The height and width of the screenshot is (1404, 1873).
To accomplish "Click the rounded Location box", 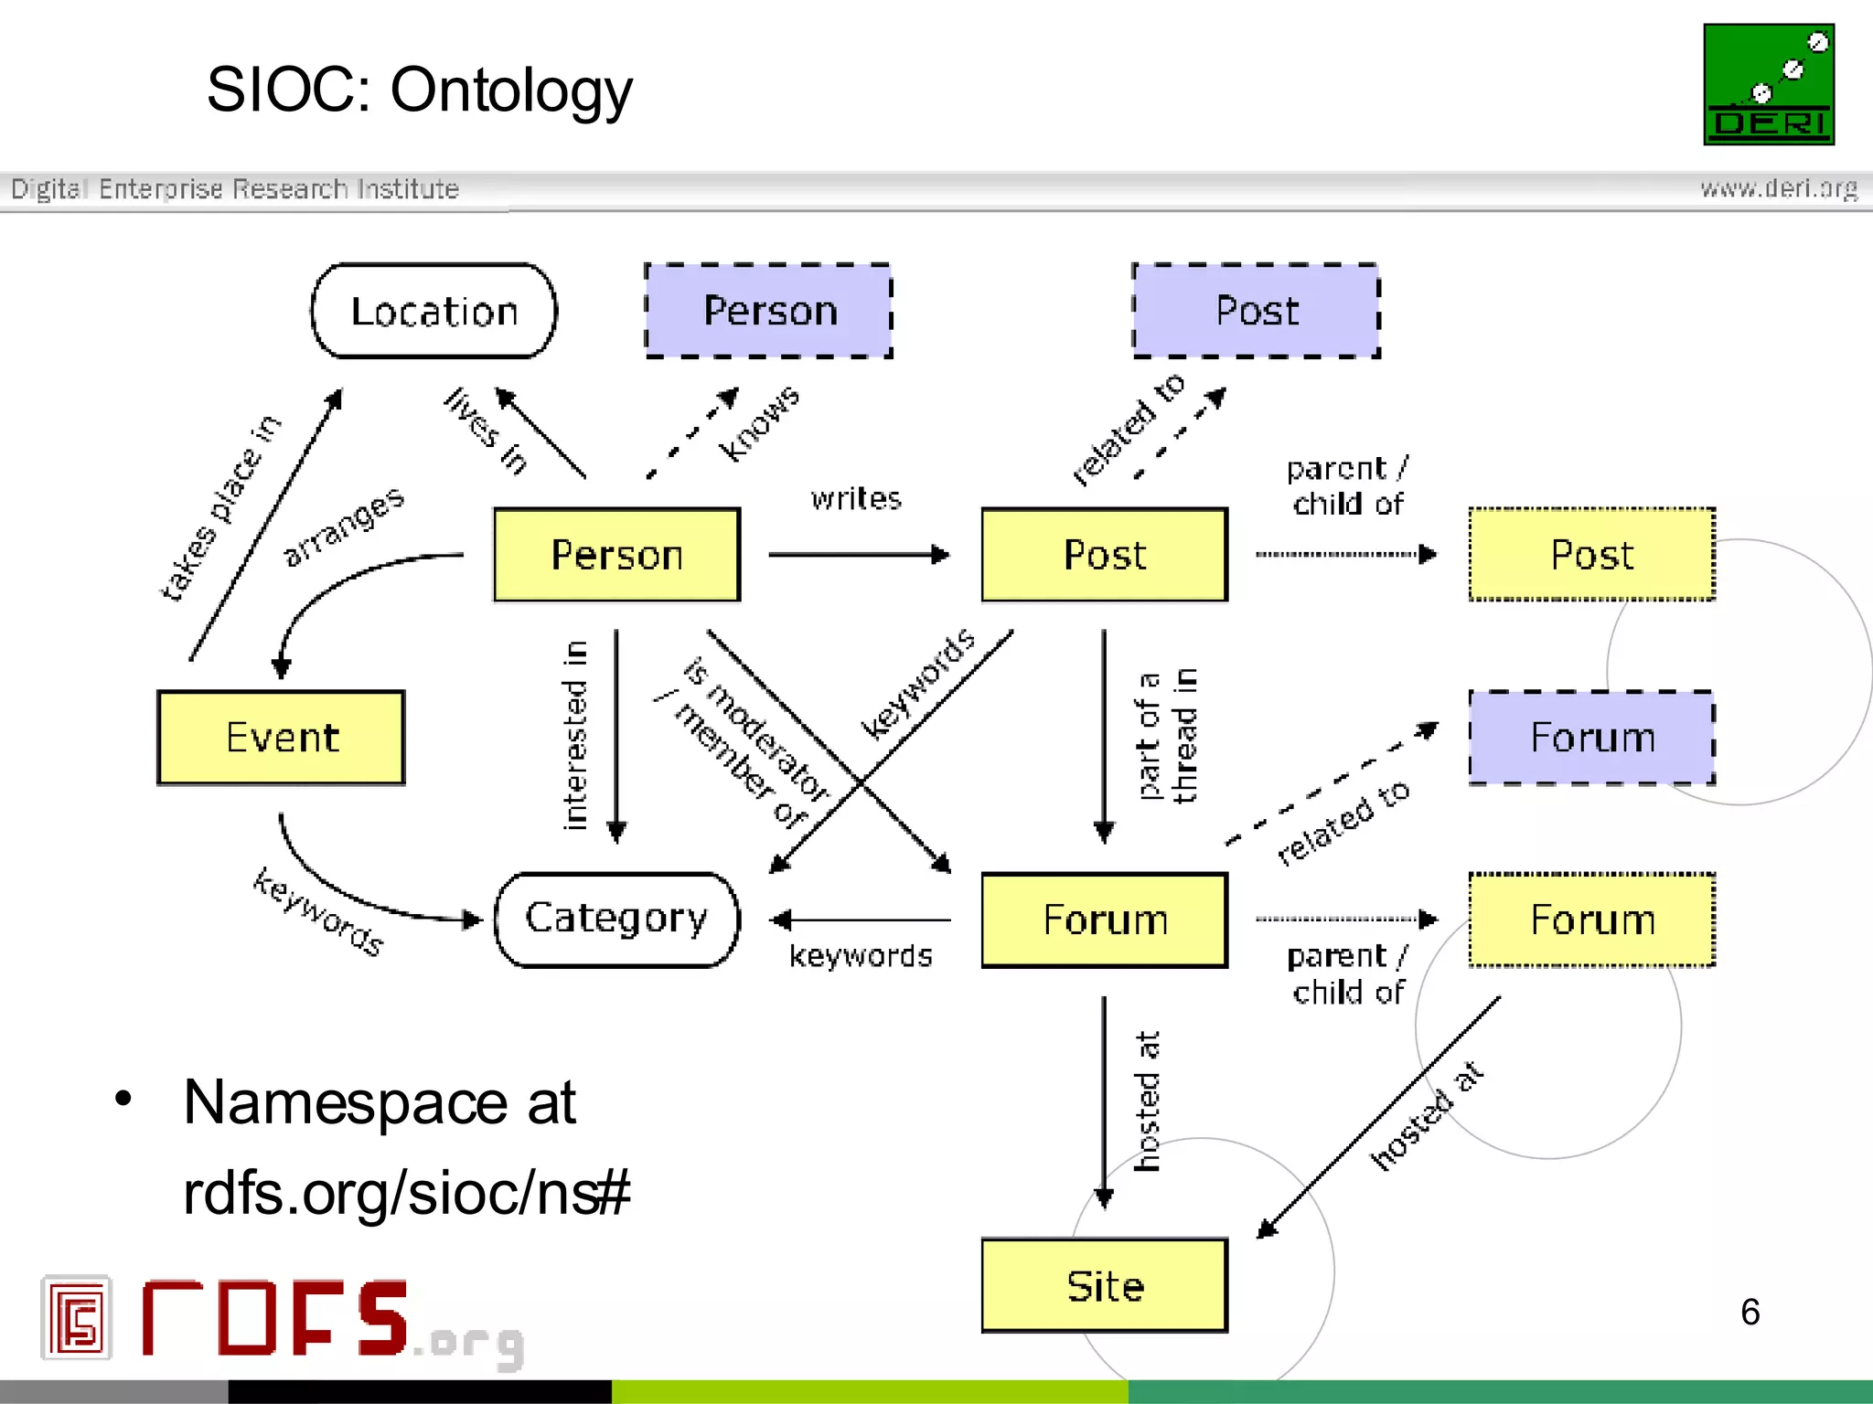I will (x=433, y=311).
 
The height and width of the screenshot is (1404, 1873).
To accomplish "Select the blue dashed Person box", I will (x=768, y=311).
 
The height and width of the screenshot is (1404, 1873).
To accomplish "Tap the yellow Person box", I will (x=616, y=555).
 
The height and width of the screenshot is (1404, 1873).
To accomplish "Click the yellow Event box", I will (x=281, y=738).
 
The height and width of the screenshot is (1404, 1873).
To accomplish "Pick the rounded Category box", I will (x=616, y=919).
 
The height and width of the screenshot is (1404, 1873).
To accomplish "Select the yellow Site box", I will (x=1104, y=1285).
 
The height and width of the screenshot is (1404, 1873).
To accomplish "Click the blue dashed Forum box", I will (x=1591, y=738).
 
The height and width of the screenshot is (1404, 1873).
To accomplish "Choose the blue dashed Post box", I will (x=1256, y=311).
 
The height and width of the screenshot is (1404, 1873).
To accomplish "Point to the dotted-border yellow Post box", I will (x=1591, y=555).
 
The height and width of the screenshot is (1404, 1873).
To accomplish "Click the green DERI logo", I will (x=1768, y=84).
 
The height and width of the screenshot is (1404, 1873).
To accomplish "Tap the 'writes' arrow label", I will (x=856, y=499).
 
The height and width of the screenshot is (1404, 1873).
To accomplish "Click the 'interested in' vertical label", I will (x=574, y=735).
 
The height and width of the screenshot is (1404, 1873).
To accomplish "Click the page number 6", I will (x=1750, y=1312).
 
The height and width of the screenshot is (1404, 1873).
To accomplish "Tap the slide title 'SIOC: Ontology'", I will (x=419, y=90).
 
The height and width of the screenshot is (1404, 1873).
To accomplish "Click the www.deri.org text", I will (x=1778, y=188).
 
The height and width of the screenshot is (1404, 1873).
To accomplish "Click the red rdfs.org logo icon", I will (x=77, y=1317).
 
